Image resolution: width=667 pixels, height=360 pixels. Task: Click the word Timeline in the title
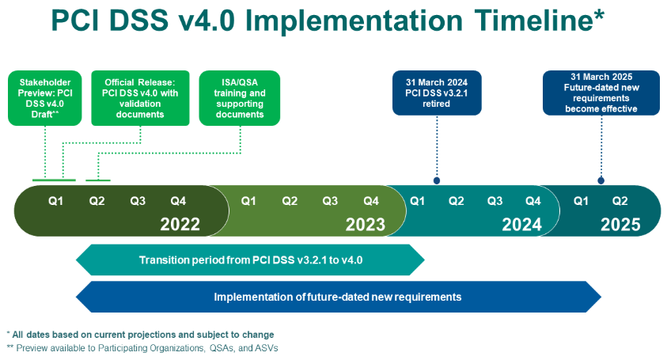(533, 21)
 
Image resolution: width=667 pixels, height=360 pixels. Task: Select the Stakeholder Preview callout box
(44, 98)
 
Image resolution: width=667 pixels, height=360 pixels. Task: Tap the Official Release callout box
(140, 98)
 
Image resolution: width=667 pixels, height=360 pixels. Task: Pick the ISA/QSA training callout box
(240, 98)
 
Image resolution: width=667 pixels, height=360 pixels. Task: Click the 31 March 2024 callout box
(437, 93)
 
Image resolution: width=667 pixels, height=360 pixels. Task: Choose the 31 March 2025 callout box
(601, 93)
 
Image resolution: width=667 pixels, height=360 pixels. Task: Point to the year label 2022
(180, 224)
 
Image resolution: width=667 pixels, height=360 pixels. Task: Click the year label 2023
(365, 224)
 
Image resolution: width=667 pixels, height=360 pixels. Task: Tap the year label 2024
(522, 224)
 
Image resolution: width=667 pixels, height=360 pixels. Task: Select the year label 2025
(620, 224)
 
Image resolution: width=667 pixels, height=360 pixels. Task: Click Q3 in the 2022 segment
(138, 201)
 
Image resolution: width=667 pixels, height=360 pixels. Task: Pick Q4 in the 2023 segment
(371, 201)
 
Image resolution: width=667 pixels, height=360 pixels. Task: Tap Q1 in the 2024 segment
(417, 201)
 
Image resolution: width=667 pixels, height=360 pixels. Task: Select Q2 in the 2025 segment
(620, 201)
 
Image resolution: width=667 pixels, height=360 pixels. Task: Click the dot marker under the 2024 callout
(437, 181)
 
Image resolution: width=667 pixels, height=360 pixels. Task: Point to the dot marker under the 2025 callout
(601, 181)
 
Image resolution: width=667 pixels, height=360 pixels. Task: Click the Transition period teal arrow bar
(250, 260)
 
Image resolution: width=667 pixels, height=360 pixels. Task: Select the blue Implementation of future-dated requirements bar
(338, 297)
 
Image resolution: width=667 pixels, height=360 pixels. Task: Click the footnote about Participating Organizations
(142, 348)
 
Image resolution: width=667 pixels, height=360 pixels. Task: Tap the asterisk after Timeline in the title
(599, 14)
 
